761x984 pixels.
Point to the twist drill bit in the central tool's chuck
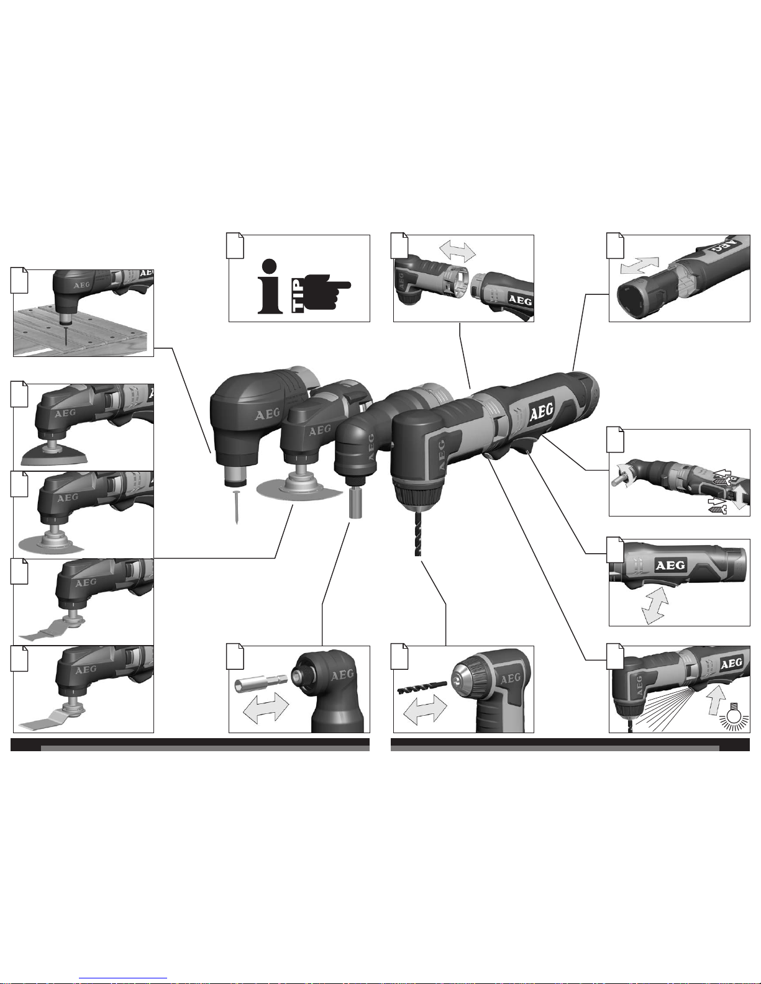(x=417, y=532)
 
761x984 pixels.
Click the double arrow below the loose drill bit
(x=424, y=709)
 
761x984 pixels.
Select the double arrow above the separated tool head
(x=457, y=251)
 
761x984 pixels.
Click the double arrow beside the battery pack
(x=639, y=265)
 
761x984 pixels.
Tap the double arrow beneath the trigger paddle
(x=655, y=605)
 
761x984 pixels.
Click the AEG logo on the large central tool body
(x=542, y=411)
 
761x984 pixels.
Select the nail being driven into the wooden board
(x=66, y=335)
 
